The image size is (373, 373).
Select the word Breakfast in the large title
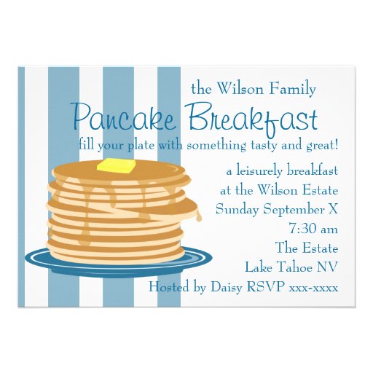(252, 117)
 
